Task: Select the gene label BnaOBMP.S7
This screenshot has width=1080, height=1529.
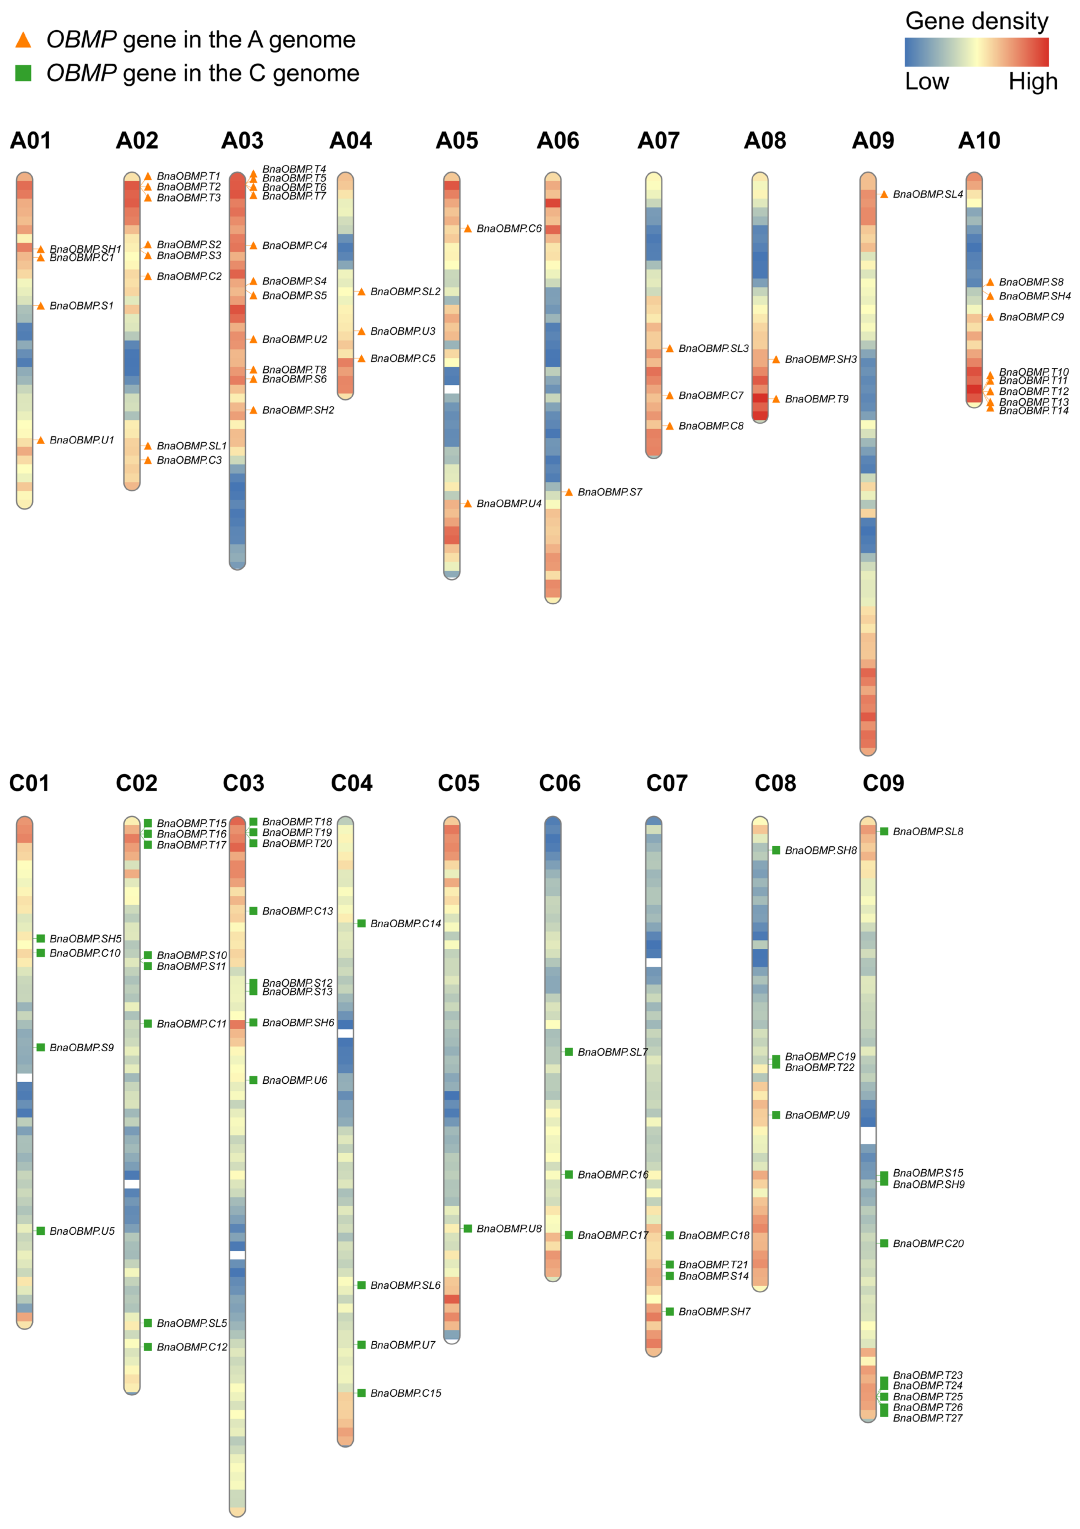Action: tap(609, 492)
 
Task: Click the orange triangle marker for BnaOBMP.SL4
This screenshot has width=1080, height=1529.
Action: tap(884, 195)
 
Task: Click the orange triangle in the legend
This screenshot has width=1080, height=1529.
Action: tap(23, 40)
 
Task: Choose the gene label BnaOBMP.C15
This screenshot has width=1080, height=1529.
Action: tap(406, 1393)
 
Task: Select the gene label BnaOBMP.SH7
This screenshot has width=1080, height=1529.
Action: tap(714, 1312)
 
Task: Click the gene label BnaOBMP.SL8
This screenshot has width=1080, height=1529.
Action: tap(928, 832)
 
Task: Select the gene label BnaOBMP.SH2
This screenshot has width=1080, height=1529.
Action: tap(298, 410)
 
